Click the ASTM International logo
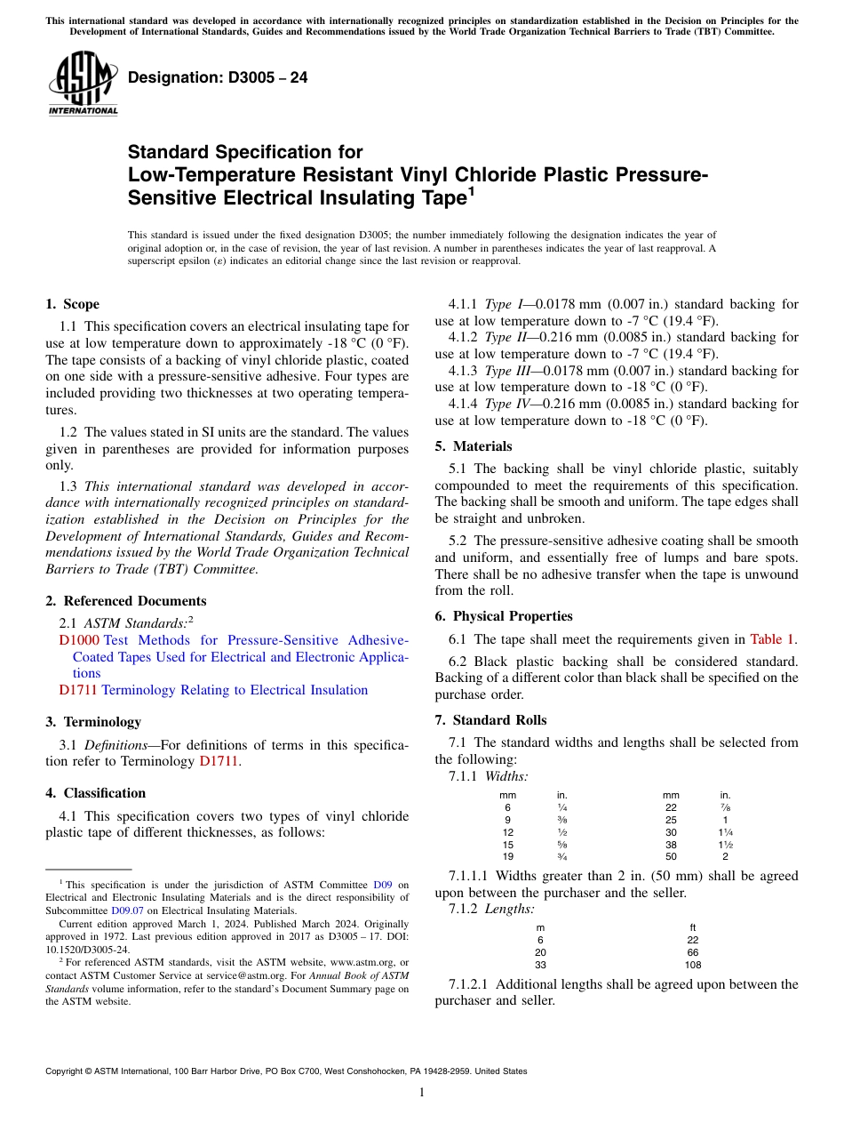[x=83, y=83]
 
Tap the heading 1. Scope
[x=72, y=304]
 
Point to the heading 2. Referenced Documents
[x=125, y=601]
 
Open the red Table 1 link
[x=773, y=639]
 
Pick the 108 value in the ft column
[x=693, y=964]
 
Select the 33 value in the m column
[x=540, y=964]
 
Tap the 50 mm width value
[x=671, y=856]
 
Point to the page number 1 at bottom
[x=422, y=1093]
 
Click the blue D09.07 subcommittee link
[x=126, y=910]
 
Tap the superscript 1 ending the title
[x=471, y=191]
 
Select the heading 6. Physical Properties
[x=504, y=616]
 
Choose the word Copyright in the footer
[x=68, y=1071]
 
